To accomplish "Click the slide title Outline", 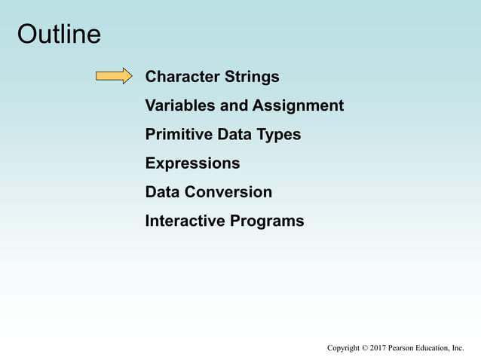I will (x=59, y=35).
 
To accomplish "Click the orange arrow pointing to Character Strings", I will (x=114, y=76).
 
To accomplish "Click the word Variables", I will (x=179, y=105).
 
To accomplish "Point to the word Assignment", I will (x=298, y=105).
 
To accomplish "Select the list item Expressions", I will (x=192, y=163).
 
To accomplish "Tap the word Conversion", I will (x=228, y=192).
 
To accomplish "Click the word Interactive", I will (x=181, y=221).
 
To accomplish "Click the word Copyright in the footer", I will (x=343, y=348).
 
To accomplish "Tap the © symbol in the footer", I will (x=365, y=348).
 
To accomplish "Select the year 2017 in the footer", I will (x=378, y=348).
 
